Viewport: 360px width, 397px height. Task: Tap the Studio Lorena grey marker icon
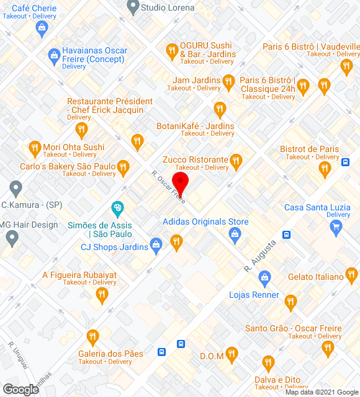132,7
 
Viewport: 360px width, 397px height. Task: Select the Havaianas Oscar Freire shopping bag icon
54,56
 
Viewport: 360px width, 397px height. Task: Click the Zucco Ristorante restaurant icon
235,163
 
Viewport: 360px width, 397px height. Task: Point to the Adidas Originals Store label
205,221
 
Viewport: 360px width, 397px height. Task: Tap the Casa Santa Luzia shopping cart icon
336,227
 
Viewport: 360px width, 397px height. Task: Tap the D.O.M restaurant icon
232,355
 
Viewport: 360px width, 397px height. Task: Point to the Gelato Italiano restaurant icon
351,274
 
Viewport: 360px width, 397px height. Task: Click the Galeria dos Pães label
110,354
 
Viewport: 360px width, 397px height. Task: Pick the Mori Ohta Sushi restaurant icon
35,148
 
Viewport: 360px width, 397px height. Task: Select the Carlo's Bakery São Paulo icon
124,166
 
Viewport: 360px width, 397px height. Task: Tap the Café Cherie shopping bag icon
41,27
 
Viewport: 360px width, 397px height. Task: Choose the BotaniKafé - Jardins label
196,126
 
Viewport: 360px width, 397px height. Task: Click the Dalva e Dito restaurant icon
268,362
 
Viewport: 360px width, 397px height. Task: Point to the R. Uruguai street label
19,355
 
